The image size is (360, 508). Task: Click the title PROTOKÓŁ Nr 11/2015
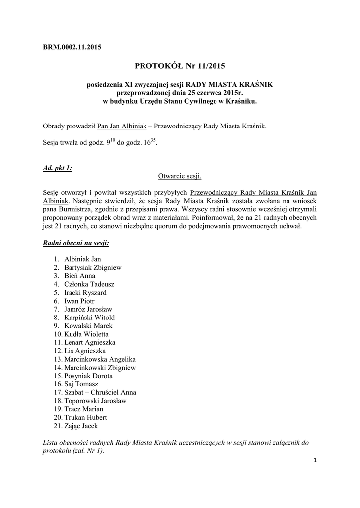[179, 65]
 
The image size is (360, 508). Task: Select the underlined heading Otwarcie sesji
[179, 176]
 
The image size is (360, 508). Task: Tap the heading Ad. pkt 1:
[58, 168]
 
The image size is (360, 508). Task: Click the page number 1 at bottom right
[315, 460]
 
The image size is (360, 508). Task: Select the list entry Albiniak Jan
[82, 259]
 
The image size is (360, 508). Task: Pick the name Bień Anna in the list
[80, 276]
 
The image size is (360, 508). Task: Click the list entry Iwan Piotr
[79, 301]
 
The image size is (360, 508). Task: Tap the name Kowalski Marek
[88, 326]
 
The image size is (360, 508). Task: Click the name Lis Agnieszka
[84, 351]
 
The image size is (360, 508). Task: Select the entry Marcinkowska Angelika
[99, 359]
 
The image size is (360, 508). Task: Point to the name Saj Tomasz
[81, 384]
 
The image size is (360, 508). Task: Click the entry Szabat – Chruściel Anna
[100, 392]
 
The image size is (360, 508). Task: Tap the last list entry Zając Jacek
[81, 426]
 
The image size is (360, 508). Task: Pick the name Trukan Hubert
[85, 417]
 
